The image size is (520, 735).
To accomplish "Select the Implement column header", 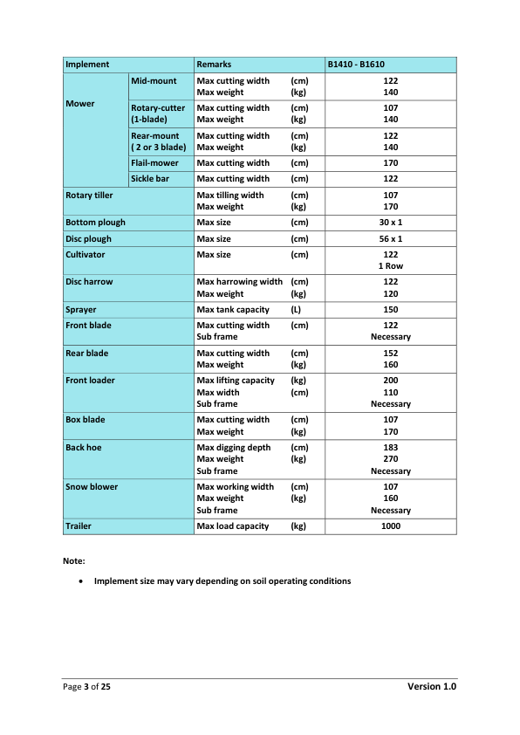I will tap(87, 65).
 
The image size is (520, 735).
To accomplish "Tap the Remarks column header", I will tap(214, 65).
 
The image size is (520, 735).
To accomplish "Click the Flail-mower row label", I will tap(151, 163).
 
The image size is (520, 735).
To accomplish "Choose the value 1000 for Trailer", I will tap(390, 526).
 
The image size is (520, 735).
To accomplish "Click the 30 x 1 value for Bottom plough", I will tap(390, 223).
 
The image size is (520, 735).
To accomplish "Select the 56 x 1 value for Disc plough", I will tap(390, 239).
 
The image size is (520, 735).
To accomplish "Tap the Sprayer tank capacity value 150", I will tap(390, 310).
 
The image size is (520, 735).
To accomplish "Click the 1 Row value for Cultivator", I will tap(390, 266).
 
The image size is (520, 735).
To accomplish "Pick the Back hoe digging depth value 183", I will tap(390, 448).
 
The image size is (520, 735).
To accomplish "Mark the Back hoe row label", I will tap(83, 448).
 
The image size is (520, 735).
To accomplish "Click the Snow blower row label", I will tap(92, 487).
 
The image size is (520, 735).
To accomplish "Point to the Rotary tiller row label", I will tap(89, 196).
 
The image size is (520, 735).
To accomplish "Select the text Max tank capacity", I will tap(233, 310).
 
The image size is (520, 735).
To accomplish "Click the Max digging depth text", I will tap(234, 448).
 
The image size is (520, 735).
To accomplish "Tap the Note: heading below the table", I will tap(73, 560).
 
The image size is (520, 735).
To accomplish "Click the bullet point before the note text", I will tap(81, 580).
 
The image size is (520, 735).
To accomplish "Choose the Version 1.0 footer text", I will tap(432, 687).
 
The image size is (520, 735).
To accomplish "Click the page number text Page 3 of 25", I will tap(86, 688).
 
